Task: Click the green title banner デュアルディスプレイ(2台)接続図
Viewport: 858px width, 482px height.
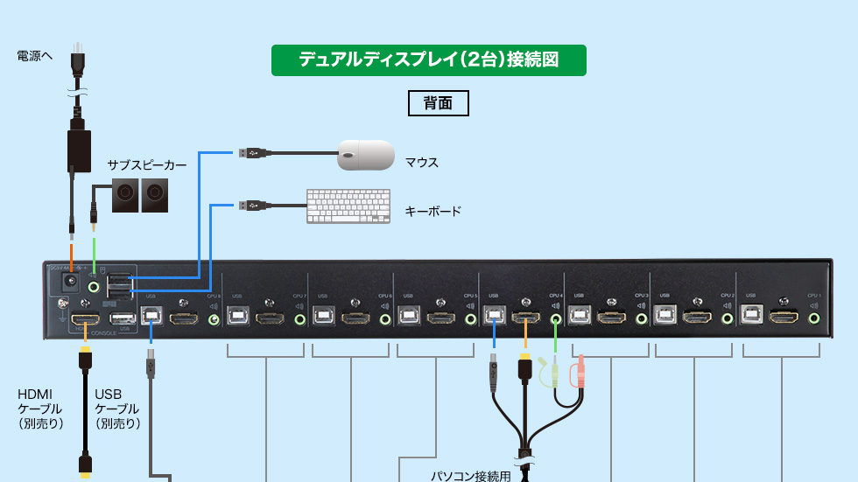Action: [428, 60]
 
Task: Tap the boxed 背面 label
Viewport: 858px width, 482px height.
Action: [439, 102]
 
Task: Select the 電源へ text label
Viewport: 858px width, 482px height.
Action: [35, 56]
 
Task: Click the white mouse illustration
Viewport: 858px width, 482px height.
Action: [366, 155]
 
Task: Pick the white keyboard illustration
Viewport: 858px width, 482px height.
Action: [348, 206]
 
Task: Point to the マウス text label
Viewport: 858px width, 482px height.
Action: [421, 163]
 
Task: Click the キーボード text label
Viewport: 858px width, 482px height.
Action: [433, 212]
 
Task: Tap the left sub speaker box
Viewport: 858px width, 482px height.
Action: [125, 195]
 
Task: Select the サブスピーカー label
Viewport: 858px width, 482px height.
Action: [147, 164]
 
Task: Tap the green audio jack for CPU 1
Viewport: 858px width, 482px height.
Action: [815, 319]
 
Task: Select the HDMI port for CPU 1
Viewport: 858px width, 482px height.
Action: [784, 318]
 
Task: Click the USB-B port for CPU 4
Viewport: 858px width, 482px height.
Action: [495, 318]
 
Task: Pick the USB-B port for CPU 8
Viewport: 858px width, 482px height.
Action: [151, 318]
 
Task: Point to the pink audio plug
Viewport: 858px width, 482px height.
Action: [578, 374]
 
